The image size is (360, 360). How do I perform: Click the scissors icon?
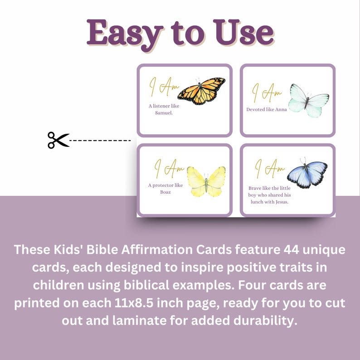click(x=58, y=140)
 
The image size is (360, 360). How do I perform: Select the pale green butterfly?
click(x=308, y=100)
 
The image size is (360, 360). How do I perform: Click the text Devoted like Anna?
click(x=267, y=109)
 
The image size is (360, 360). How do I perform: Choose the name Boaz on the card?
click(x=155, y=192)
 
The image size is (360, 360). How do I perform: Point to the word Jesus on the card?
click(x=280, y=202)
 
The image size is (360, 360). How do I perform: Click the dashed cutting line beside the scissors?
click(x=100, y=141)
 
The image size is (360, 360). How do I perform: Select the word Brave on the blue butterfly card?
click(x=258, y=187)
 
